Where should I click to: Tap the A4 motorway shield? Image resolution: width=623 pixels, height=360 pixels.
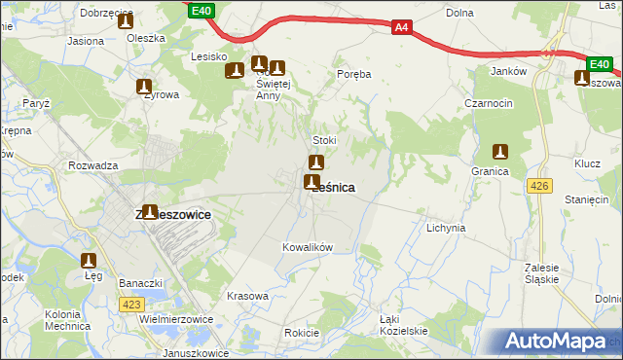pyautogui.click(x=402, y=27)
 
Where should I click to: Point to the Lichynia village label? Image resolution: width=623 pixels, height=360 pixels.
pyautogui.click(x=446, y=228)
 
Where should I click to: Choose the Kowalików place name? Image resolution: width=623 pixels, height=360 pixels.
pyautogui.click(x=308, y=247)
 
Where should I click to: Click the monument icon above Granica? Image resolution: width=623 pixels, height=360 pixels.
pyautogui.click(x=500, y=152)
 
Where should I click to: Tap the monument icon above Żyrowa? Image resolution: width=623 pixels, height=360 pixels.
pyautogui.click(x=145, y=87)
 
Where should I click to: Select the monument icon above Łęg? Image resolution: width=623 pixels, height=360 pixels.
pyautogui.click(x=90, y=261)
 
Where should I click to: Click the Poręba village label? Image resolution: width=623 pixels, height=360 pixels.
pyautogui.click(x=354, y=73)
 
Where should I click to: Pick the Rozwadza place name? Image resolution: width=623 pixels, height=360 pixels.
pyautogui.click(x=93, y=165)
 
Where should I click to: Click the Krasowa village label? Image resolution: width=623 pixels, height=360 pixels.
pyautogui.click(x=246, y=296)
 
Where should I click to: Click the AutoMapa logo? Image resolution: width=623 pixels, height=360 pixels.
pyautogui.click(x=554, y=342)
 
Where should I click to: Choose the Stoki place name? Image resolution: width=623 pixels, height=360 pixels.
pyautogui.click(x=323, y=140)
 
